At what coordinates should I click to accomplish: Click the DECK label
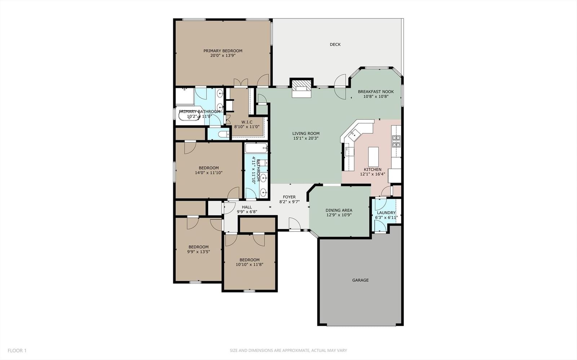(335, 45)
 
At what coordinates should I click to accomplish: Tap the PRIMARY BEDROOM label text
(223, 51)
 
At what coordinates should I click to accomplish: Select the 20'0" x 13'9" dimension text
(223, 55)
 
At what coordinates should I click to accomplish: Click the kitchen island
(373, 157)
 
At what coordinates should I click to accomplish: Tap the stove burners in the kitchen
(396, 141)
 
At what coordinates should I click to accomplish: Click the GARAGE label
(360, 280)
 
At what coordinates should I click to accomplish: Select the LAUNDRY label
(386, 213)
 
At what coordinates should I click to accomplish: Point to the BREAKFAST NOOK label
(376, 92)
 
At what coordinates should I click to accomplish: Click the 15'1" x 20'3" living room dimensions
(306, 138)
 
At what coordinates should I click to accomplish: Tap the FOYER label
(289, 197)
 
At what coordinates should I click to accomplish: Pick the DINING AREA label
(339, 210)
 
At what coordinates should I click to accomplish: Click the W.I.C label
(247, 122)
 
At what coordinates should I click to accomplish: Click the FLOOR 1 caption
(17, 351)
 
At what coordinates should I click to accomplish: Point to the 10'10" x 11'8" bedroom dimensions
(249, 265)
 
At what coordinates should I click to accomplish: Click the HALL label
(247, 207)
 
